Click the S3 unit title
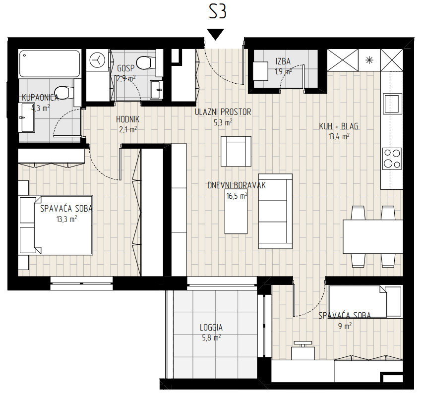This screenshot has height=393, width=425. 217,12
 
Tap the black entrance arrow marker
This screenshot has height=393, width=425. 215,34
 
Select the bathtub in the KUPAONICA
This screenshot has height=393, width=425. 50,63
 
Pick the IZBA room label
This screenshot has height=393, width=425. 283,61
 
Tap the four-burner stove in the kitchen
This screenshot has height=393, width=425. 392,159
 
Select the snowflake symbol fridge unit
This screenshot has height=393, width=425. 369,60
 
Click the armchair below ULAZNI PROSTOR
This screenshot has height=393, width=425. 236,151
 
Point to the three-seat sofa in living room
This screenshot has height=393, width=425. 275,211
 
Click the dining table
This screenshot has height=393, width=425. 373,236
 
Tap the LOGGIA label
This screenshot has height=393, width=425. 211,328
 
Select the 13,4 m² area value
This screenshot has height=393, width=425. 339,136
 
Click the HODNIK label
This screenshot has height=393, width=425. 127,119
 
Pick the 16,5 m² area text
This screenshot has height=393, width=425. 237,196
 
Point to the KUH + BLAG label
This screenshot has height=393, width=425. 339,126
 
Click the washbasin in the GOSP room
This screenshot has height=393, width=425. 156,90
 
